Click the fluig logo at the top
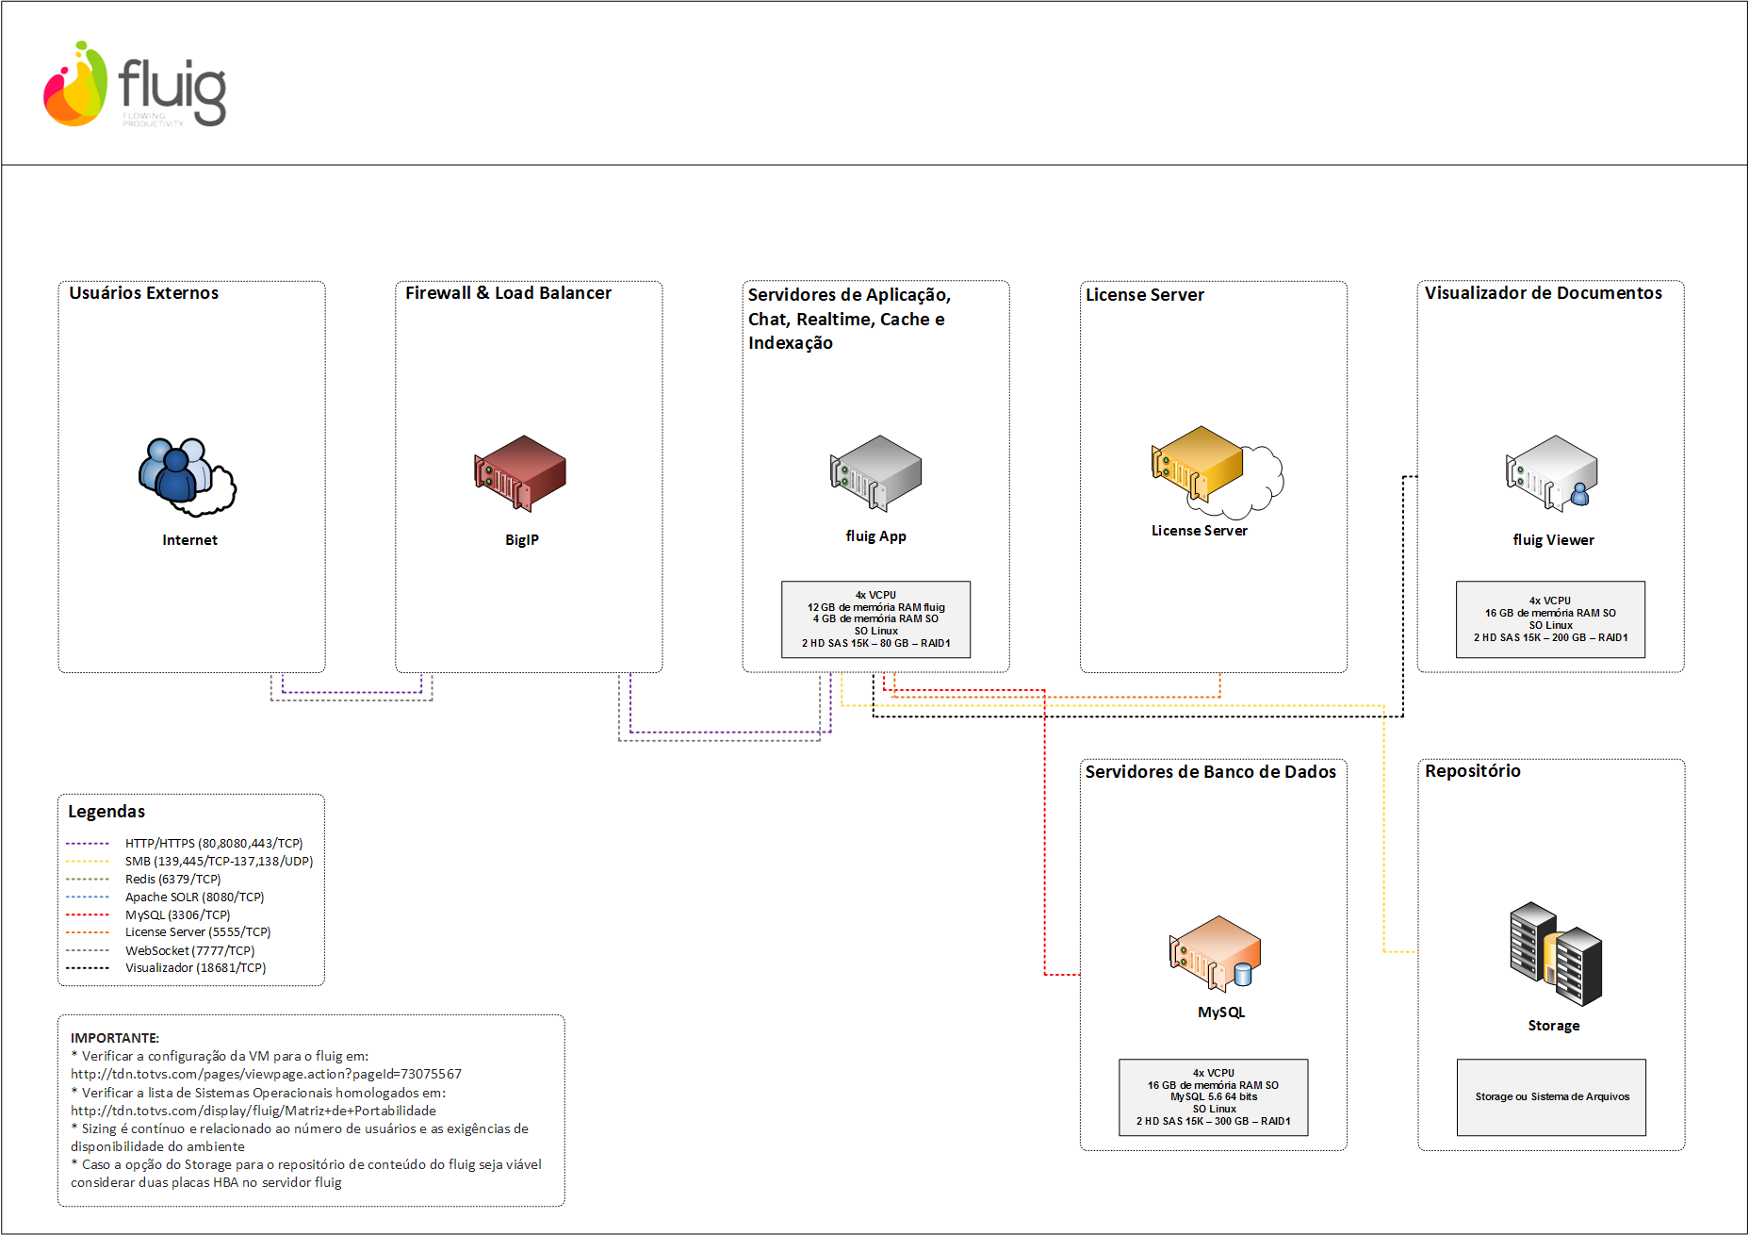coord(135,84)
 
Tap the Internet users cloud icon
coord(188,477)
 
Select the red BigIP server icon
coord(520,472)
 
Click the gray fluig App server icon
coord(875,472)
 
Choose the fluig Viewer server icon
coord(1551,472)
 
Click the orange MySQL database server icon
coord(1215,953)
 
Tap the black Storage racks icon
coord(1556,954)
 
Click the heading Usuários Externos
coord(143,293)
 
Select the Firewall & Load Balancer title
coord(508,293)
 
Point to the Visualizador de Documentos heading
coord(1544,293)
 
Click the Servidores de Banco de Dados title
coord(1211,772)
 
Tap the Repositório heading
coord(1473,771)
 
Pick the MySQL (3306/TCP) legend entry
coord(177,914)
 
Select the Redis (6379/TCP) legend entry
coord(173,879)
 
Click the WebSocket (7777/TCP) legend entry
coord(189,950)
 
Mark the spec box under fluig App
coord(876,619)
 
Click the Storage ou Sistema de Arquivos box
coord(1552,1097)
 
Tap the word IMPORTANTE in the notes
coord(115,1038)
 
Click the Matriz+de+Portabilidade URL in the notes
coord(253,1111)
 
